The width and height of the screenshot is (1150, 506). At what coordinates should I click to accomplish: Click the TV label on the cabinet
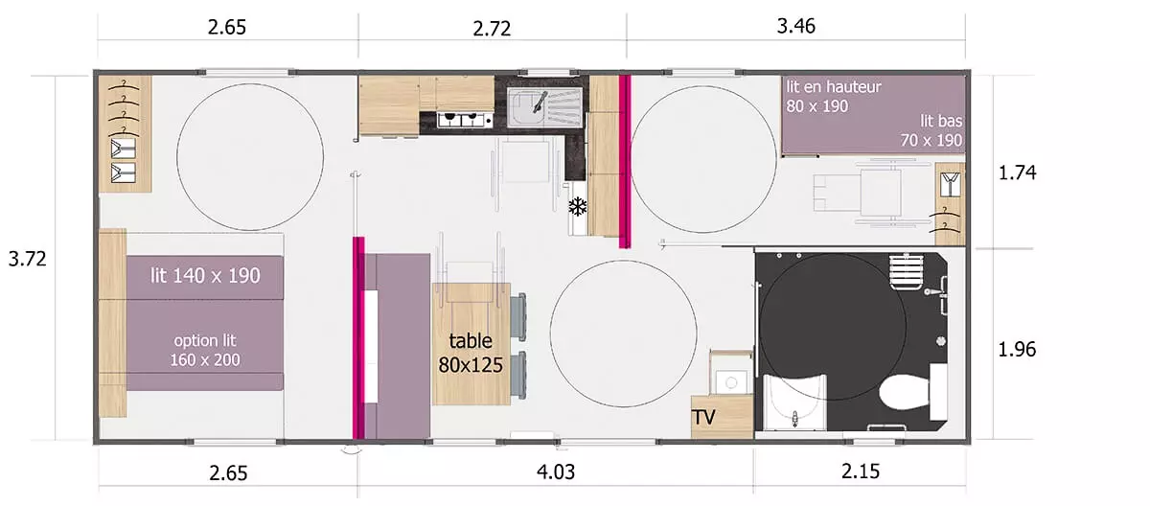(x=703, y=417)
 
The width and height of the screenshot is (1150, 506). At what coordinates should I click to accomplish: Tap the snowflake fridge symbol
(x=578, y=206)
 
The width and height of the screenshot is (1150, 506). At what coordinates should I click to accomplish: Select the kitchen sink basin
(x=526, y=106)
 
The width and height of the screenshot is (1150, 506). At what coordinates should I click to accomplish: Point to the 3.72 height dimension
(x=27, y=259)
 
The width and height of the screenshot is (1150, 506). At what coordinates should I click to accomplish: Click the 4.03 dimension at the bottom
(x=556, y=471)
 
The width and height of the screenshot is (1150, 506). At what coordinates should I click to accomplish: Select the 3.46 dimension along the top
(x=795, y=26)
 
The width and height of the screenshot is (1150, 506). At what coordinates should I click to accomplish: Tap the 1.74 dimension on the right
(x=1017, y=172)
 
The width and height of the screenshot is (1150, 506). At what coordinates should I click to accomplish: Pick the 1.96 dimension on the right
(x=1017, y=350)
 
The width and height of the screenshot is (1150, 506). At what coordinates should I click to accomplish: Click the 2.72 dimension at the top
(x=492, y=29)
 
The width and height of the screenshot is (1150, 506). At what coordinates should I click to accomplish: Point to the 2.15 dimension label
(x=861, y=471)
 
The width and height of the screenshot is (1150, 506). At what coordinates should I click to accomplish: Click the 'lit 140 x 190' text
(x=205, y=276)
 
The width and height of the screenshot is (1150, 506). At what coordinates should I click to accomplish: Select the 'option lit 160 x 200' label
(x=205, y=350)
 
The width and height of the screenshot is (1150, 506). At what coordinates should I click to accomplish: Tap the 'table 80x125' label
(x=471, y=353)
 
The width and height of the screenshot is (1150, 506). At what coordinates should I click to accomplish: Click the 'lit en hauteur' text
(x=834, y=86)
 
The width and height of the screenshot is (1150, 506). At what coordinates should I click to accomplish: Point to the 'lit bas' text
(x=941, y=121)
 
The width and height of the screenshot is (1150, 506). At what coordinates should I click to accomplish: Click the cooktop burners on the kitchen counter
(x=462, y=120)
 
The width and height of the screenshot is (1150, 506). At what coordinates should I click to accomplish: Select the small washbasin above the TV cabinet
(x=731, y=381)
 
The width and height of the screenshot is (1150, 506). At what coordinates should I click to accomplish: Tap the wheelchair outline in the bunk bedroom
(x=873, y=193)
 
